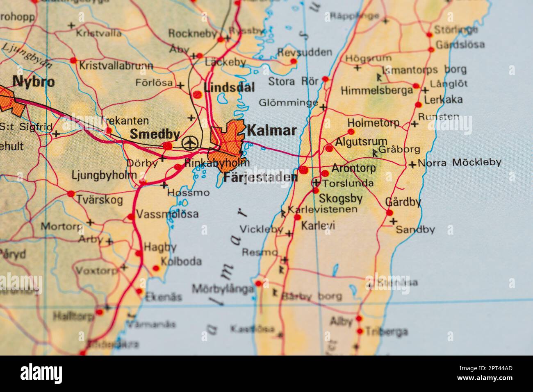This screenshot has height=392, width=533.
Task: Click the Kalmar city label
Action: (x=271, y=131)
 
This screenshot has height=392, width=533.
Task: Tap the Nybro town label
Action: (x=34, y=82)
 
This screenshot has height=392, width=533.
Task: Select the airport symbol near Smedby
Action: (x=189, y=143)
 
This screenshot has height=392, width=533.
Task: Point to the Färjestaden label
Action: (x=260, y=177)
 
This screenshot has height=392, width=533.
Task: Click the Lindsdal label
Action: (x=229, y=87)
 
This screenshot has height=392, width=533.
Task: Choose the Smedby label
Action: (x=155, y=134)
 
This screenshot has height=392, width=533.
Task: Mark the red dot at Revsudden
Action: (x=294, y=61)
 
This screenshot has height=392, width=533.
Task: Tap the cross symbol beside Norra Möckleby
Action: (x=412, y=164)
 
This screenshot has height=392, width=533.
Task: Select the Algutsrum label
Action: (x=361, y=142)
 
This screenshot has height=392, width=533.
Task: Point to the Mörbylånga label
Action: (x=223, y=289)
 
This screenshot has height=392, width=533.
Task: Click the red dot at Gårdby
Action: (x=389, y=213)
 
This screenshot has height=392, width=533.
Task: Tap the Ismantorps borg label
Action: (x=424, y=70)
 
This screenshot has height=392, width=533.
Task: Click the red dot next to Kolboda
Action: (x=156, y=269)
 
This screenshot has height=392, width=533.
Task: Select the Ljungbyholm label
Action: (x=104, y=175)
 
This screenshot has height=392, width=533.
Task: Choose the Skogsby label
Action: (x=341, y=199)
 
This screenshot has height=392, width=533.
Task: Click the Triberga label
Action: (x=387, y=331)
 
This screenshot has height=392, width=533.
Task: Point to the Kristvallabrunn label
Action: (x=116, y=66)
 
